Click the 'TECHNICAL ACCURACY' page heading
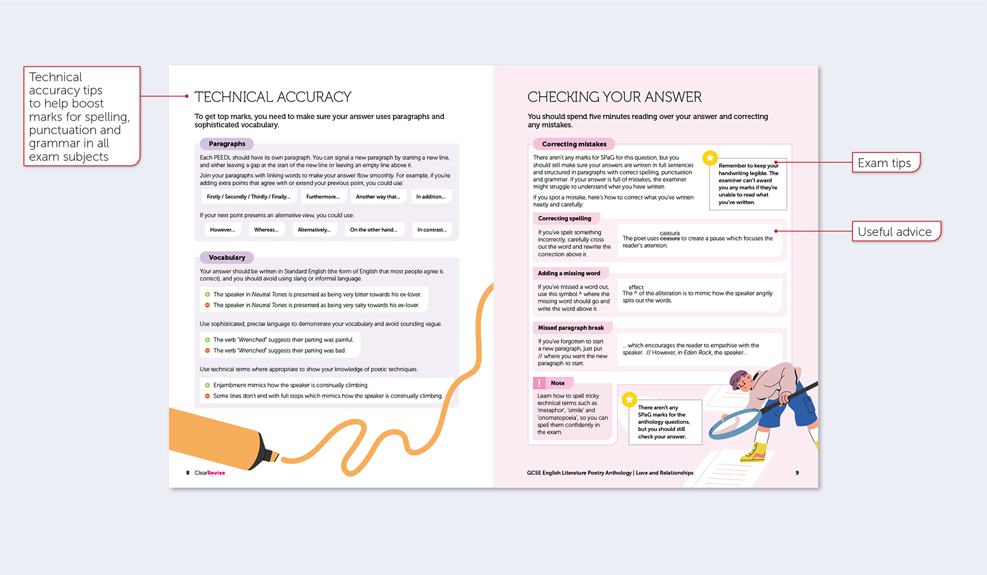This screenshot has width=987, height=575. pyautogui.click(x=273, y=97)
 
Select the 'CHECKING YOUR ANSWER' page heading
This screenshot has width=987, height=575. pyautogui.click(x=614, y=97)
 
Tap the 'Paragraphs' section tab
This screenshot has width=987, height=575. pyautogui.click(x=226, y=144)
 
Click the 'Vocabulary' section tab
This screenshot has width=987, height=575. pyautogui.click(x=226, y=257)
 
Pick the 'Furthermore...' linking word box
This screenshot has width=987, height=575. pyautogui.click(x=323, y=197)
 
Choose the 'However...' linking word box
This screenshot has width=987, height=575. pyautogui.click(x=222, y=230)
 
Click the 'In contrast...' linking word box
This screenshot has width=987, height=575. pyautogui.click(x=432, y=230)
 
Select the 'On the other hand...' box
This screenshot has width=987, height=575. pyautogui.click(x=373, y=230)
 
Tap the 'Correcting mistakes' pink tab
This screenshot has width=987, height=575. pyautogui.click(x=574, y=144)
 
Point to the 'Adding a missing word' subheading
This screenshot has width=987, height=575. pyautogui.click(x=569, y=273)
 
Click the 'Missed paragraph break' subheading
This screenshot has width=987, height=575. pyautogui.click(x=571, y=328)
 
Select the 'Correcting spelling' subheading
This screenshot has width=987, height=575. pyautogui.click(x=564, y=218)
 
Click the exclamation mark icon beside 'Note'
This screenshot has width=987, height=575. pyautogui.click(x=540, y=383)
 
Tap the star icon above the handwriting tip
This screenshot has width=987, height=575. pyautogui.click(x=710, y=158)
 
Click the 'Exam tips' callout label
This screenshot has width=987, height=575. pyautogui.click(x=885, y=163)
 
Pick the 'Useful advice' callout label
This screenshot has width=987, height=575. pyautogui.click(x=894, y=231)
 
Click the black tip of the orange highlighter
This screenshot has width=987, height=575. pyautogui.click(x=271, y=455)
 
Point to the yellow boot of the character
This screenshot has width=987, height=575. pyautogui.click(x=754, y=455)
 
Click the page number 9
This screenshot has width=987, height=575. pyautogui.click(x=797, y=473)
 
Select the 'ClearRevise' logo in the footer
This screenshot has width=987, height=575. pyautogui.click(x=210, y=473)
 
